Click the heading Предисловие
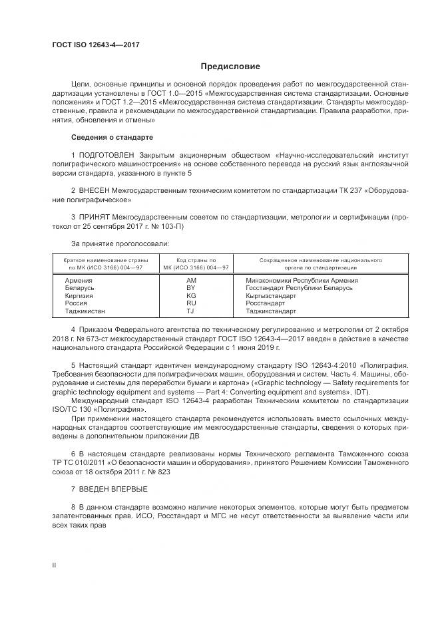click(231, 67)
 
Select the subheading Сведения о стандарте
click(112, 137)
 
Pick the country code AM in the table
click(192, 280)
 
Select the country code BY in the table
click(192, 287)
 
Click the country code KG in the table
click(192, 295)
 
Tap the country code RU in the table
click(192, 303)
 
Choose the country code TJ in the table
click(190, 311)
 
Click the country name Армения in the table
click(79, 280)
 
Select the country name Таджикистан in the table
click(85, 311)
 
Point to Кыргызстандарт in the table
click(272, 295)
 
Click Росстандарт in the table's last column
click(265, 303)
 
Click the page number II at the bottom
click(54, 565)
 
